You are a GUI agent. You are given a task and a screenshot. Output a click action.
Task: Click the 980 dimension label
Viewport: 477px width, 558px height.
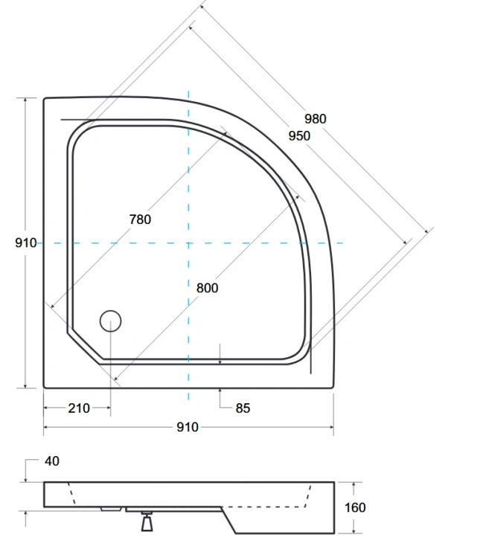[315, 118]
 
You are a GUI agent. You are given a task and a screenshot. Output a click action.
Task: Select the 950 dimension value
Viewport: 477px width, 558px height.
[299, 135]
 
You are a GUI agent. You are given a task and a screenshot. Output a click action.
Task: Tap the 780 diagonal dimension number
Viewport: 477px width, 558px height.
[140, 219]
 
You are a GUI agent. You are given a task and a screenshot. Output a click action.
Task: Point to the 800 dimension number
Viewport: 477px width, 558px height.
[208, 287]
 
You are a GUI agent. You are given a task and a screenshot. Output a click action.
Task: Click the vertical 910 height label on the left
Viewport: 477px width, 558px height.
[25, 243]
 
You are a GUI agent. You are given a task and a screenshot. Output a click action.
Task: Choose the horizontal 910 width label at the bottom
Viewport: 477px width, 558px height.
[188, 427]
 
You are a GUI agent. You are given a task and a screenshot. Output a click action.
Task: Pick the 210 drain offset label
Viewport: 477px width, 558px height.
[78, 408]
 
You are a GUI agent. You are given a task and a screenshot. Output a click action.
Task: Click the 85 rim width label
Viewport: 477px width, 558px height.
[243, 408]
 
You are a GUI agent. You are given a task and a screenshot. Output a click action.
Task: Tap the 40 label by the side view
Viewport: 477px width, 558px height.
[51, 461]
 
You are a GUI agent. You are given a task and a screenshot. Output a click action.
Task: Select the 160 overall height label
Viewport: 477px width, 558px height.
[356, 507]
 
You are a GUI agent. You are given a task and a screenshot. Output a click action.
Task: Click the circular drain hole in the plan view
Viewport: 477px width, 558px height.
[110, 321]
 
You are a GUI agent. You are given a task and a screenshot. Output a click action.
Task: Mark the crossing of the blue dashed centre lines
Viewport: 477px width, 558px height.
[188, 243]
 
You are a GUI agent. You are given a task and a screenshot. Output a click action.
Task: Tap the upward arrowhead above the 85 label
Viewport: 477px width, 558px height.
[221, 391]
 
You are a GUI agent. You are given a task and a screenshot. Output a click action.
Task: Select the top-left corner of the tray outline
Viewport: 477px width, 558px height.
[45, 99]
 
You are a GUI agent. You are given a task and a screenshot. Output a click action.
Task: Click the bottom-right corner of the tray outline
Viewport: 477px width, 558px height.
[332, 387]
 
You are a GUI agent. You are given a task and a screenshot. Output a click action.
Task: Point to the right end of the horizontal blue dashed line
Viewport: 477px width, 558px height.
[343, 243]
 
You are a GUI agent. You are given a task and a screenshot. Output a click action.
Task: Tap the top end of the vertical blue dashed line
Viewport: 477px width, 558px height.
[188, 92]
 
